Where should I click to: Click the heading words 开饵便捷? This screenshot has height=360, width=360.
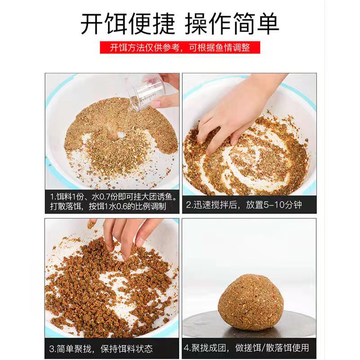point(128,24)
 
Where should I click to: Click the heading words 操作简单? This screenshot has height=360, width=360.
point(232,24)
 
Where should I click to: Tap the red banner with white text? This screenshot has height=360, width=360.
point(180,48)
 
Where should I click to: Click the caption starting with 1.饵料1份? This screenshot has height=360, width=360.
point(114,202)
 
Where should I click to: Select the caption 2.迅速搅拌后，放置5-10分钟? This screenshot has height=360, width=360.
point(243,205)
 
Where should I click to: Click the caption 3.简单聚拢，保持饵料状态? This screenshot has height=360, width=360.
point(101,349)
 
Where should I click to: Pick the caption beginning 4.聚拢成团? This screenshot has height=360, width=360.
point(246,348)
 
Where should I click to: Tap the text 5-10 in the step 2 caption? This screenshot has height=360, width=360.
point(273,205)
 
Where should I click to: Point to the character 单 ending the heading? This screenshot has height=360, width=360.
point(268,24)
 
